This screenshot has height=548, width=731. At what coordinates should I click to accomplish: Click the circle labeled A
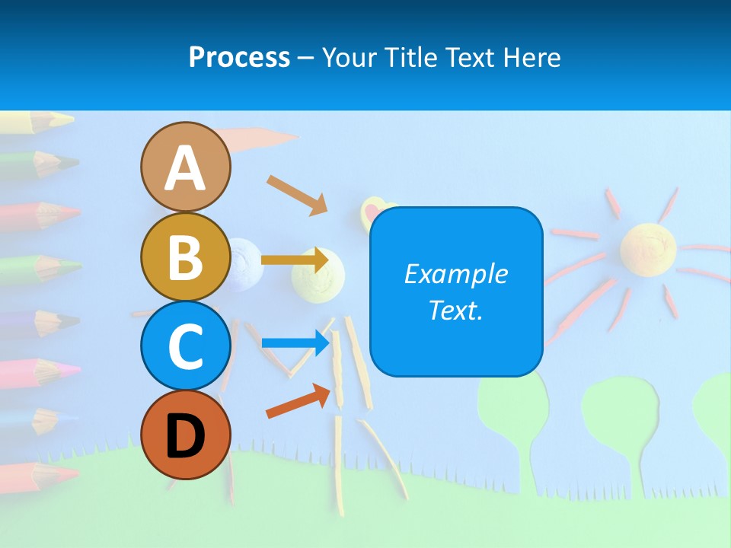(x=185, y=167)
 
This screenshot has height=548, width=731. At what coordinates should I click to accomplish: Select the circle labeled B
(x=185, y=256)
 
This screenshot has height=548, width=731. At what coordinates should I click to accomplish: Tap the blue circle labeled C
(x=185, y=346)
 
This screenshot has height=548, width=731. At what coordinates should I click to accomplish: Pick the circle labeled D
(x=185, y=435)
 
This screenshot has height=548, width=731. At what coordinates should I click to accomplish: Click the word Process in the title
(x=239, y=57)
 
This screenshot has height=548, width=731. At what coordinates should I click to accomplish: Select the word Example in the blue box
(x=455, y=274)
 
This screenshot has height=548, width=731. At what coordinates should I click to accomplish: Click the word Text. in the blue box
(x=455, y=310)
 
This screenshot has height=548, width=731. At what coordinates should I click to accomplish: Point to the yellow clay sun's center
(x=648, y=247)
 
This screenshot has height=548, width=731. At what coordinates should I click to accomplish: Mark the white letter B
(x=185, y=256)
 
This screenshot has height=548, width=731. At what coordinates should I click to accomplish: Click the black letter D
(x=185, y=436)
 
